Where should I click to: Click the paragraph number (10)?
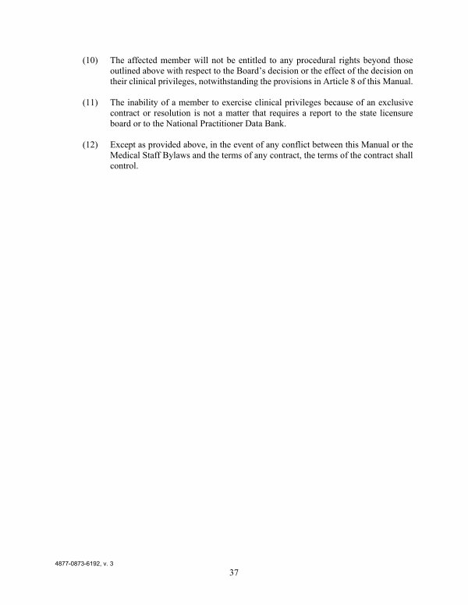point(91,60)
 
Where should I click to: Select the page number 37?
point(234,574)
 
